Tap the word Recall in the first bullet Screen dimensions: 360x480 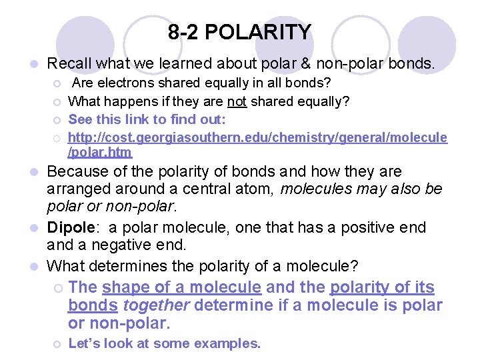pyautogui.click(x=69, y=64)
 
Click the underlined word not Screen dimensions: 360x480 pyautogui.click(x=236, y=101)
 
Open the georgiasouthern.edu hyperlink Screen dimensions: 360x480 pyautogui.click(x=257, y=137)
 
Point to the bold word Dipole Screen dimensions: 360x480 pyautogui.click(x=69, y=227)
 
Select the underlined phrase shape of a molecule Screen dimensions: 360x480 pyautogui.click(x=181, y=287)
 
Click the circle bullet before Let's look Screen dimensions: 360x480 pyautogui.click(x=58, y=345)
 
